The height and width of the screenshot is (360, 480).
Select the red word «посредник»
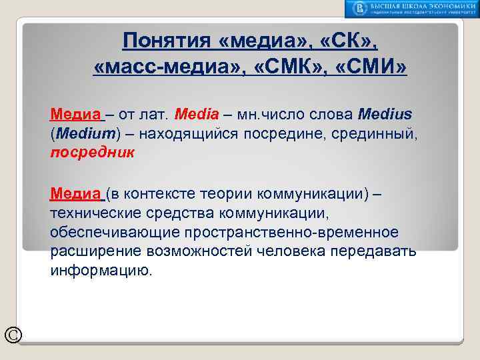pos(92,152)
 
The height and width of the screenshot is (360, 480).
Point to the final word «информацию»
pos(101,271)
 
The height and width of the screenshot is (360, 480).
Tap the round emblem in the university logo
pos(361,8)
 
